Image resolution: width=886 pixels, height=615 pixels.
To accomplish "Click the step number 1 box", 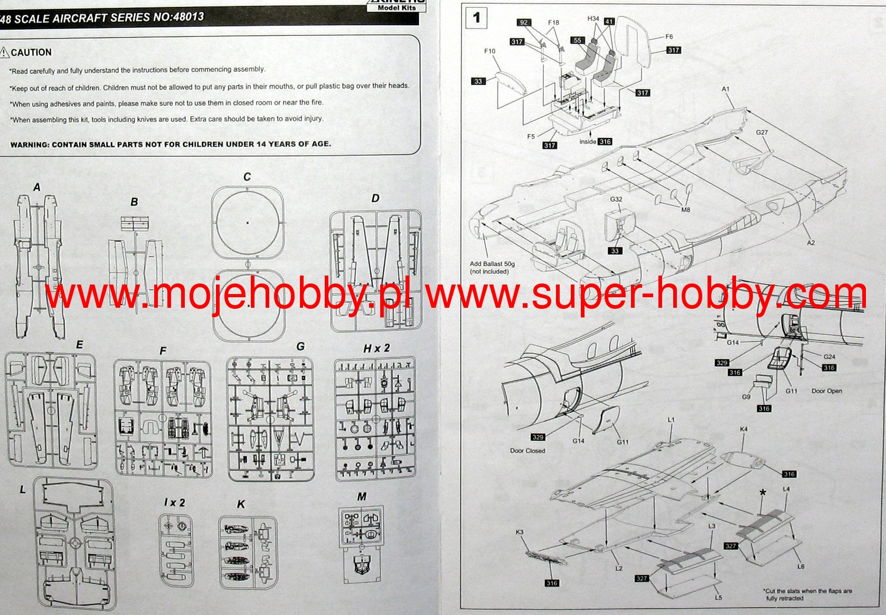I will [476, 18].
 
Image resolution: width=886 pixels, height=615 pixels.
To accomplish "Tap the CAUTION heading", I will [31, 52].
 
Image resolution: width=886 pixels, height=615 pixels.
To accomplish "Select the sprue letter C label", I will [247, 177].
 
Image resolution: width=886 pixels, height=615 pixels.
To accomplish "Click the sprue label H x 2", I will [376, 348].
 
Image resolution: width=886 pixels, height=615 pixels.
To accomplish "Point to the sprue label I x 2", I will [174, 503].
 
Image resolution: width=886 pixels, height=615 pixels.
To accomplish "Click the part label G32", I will [616, 200].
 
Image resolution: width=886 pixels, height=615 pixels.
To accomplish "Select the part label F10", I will [489, 51].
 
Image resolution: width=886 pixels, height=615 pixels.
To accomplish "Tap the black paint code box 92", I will [523, 22].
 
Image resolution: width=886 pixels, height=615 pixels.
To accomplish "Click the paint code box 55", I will [577, 40].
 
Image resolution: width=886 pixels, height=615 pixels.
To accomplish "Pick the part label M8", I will [685, 210].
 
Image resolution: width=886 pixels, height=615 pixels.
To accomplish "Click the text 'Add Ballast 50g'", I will [492, 264].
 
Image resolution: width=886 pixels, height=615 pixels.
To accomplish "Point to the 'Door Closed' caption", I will [527, 451].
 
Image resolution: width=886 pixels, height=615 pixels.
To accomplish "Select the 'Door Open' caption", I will [826, 391].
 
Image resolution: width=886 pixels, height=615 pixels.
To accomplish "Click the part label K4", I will [743, 429].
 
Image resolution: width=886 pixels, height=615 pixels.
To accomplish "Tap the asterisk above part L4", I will [762, 493].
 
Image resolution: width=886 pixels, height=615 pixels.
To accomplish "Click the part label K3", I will [520, 532].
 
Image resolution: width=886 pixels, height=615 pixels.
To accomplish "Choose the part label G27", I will [761, 133].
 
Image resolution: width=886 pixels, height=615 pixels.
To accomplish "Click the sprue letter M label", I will [362, 497].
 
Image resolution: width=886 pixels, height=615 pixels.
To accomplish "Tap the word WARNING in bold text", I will [29, 145].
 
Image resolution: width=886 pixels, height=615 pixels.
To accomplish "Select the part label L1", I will [671, 420].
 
